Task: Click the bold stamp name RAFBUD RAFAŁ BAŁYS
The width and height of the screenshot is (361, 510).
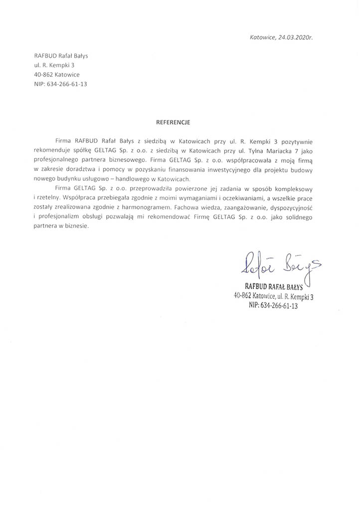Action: pos(274,285)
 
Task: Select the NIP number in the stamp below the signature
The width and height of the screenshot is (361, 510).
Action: pos(273,306)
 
